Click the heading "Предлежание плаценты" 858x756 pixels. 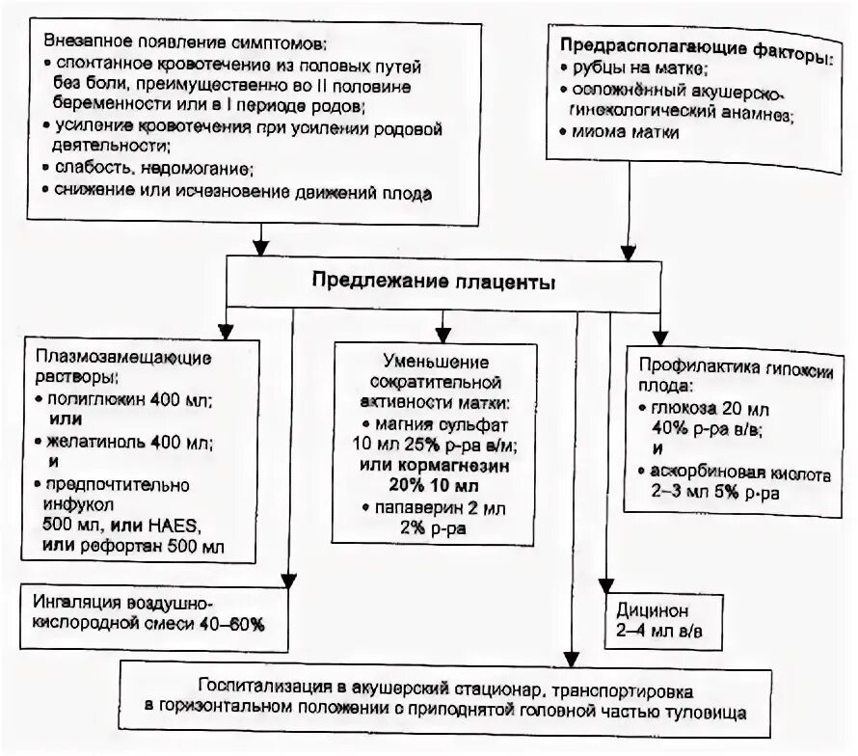click(432, 283)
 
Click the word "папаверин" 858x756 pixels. click(415, 507)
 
